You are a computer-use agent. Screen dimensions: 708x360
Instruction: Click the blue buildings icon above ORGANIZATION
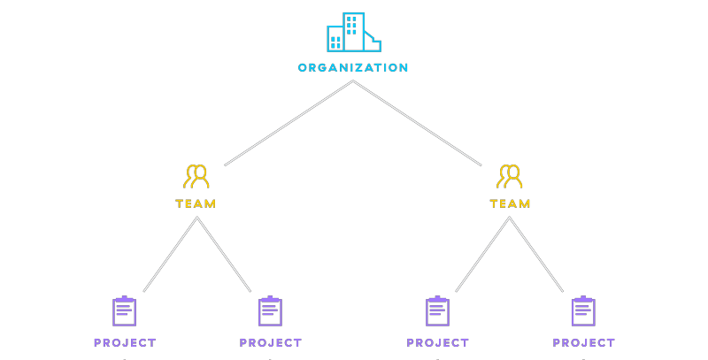(x=354, y=33)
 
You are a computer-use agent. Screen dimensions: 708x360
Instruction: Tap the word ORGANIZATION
(x=353, y=68)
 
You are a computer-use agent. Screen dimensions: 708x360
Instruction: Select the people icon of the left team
(x=196, y=176)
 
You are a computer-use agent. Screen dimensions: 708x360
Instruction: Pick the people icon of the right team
(x=510, y=176)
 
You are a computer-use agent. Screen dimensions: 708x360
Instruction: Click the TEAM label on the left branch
(x=196, y=203)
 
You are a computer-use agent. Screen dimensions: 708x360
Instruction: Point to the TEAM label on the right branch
(x=510, y=203)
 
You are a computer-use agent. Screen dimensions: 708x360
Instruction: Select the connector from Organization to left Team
(x=289, y=123)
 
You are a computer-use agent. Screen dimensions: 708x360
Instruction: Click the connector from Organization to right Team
(x=417, y=123)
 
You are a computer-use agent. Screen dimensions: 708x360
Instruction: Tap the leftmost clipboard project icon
(x=124, y=310)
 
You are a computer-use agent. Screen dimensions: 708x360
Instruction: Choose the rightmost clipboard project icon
(x=583, y=310)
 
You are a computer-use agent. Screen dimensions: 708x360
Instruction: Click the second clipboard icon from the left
(x=271, y=310)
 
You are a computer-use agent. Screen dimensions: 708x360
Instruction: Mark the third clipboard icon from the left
(x=437, y=310)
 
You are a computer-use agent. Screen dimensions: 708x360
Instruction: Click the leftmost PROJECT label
(x=125, y=343)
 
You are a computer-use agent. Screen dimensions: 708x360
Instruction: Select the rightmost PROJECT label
(x=584, y=343)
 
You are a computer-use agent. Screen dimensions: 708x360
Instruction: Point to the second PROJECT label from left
(x=271, y=343)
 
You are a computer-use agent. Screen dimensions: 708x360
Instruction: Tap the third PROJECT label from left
(x=437, y=343)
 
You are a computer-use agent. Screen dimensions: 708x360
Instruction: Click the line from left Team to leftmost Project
(x=170, y=255)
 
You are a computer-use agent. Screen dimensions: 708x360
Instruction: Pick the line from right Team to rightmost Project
(x=536, y=255)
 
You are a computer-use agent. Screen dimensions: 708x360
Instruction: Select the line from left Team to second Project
(x=224, y=255)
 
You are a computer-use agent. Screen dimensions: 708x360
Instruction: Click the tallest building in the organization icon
(x=353, y=32)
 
